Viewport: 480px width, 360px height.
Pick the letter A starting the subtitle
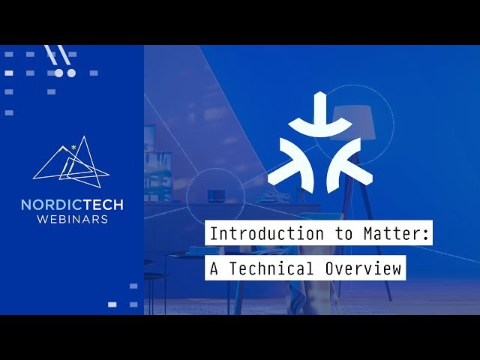(x=214, y=268)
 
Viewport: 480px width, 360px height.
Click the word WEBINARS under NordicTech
(x=72, y=219)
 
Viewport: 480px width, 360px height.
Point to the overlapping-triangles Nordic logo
(x=71, y=161)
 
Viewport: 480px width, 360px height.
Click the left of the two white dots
(x=59, y=73)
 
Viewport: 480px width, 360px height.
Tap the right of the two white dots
(x=71, y=73)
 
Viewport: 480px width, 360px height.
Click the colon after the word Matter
(x=428, y=235)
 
